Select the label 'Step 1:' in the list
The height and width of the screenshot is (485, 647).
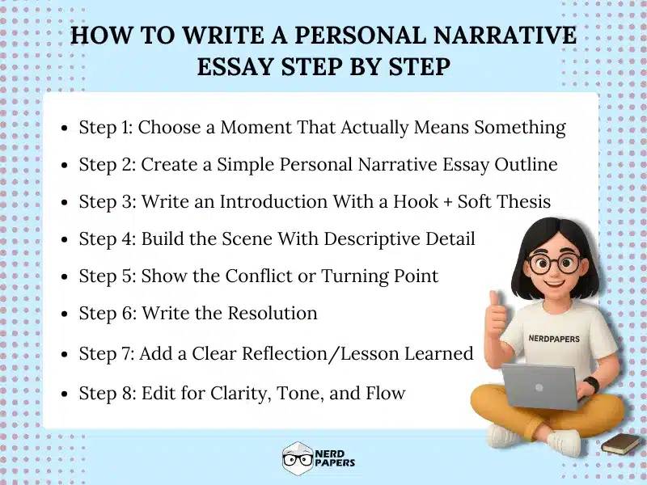107,128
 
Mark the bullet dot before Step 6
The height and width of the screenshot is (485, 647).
66,314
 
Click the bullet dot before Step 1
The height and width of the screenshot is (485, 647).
66,129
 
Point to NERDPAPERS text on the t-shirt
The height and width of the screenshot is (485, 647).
553,339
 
